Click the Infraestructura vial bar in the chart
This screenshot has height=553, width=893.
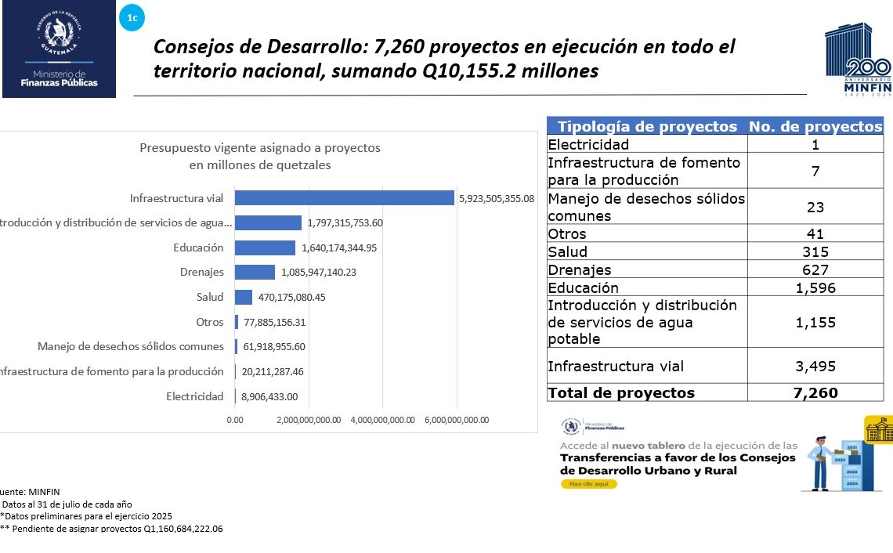(x=345, y=198)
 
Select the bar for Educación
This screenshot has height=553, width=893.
(x=266, y=248)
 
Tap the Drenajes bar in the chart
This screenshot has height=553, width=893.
(x=255, y=273)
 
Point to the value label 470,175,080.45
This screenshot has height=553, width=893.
(x=291, y=298)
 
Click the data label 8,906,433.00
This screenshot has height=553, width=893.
(x=269, y=397)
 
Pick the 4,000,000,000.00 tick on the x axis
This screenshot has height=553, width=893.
(x=382, y=420)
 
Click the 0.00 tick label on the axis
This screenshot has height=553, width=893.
(x=235, y=420)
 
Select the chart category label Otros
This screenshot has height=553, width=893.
(x=210, y=322)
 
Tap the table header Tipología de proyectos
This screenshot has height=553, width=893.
(x=647, y=127)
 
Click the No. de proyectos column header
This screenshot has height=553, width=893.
(x=815, y=127)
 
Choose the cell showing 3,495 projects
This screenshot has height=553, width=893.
(x=815, y=366)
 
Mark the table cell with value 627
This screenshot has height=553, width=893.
(x=815, y=270)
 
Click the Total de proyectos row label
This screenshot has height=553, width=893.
(x=621, y=393)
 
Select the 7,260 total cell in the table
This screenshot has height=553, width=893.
(x=815, y=393)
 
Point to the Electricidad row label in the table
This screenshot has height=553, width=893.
(x=588, y=144)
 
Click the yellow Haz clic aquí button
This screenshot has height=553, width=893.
(x=588, y=484)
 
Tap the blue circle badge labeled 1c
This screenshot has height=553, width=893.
(x=132, y=16)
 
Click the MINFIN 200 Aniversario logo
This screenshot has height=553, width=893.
(x=858, y=60)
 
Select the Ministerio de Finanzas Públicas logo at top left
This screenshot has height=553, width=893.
(x=59, y=49)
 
